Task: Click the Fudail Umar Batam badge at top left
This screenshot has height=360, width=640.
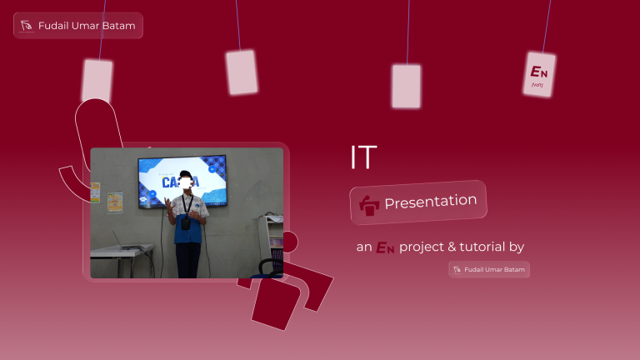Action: click(x=78, y=26)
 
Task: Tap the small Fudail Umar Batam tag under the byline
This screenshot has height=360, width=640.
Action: click(x=489, y=269)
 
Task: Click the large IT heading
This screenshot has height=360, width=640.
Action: click(x=363, y=157)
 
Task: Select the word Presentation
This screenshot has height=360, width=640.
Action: click(x=430, y=202)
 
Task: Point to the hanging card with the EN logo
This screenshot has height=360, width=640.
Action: click(x=538, y=74)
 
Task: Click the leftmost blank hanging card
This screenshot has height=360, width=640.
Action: click(x=97, y=81)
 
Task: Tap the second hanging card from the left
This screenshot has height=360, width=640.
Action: click(x=242, y=72)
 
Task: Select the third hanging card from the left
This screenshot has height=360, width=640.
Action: click(x=406, y=86)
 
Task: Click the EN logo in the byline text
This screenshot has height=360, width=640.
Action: click(x=384, y=247)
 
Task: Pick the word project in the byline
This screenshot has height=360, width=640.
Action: click(x=422, y=247)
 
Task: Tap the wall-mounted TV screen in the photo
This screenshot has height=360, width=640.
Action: click(x=182, y=181)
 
